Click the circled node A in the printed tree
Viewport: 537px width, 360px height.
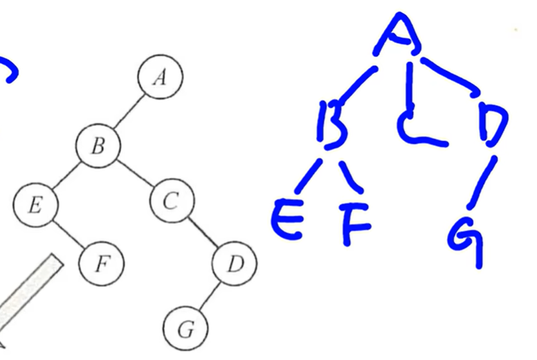[x=160, y=77]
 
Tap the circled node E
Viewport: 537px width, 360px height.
[x=35, y=205]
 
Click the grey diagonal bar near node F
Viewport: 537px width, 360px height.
[x=29, y=292]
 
